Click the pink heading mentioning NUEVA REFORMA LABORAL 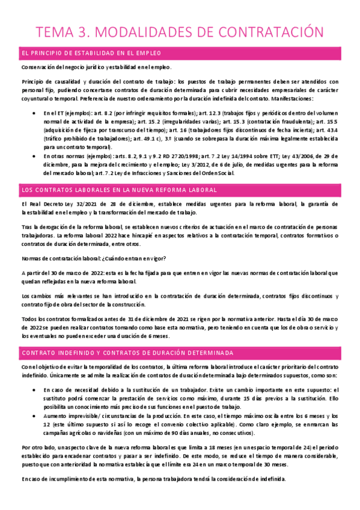pyautogui.click(x=119, y=190)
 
